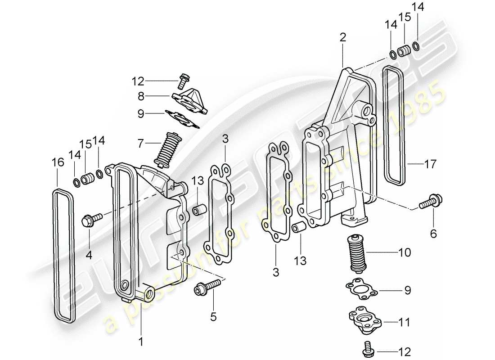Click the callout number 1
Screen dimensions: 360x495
coord(140,342)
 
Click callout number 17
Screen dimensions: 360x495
coord(430,165)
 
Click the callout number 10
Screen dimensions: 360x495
coord(405,252)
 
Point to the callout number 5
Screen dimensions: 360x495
coord(213,317)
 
